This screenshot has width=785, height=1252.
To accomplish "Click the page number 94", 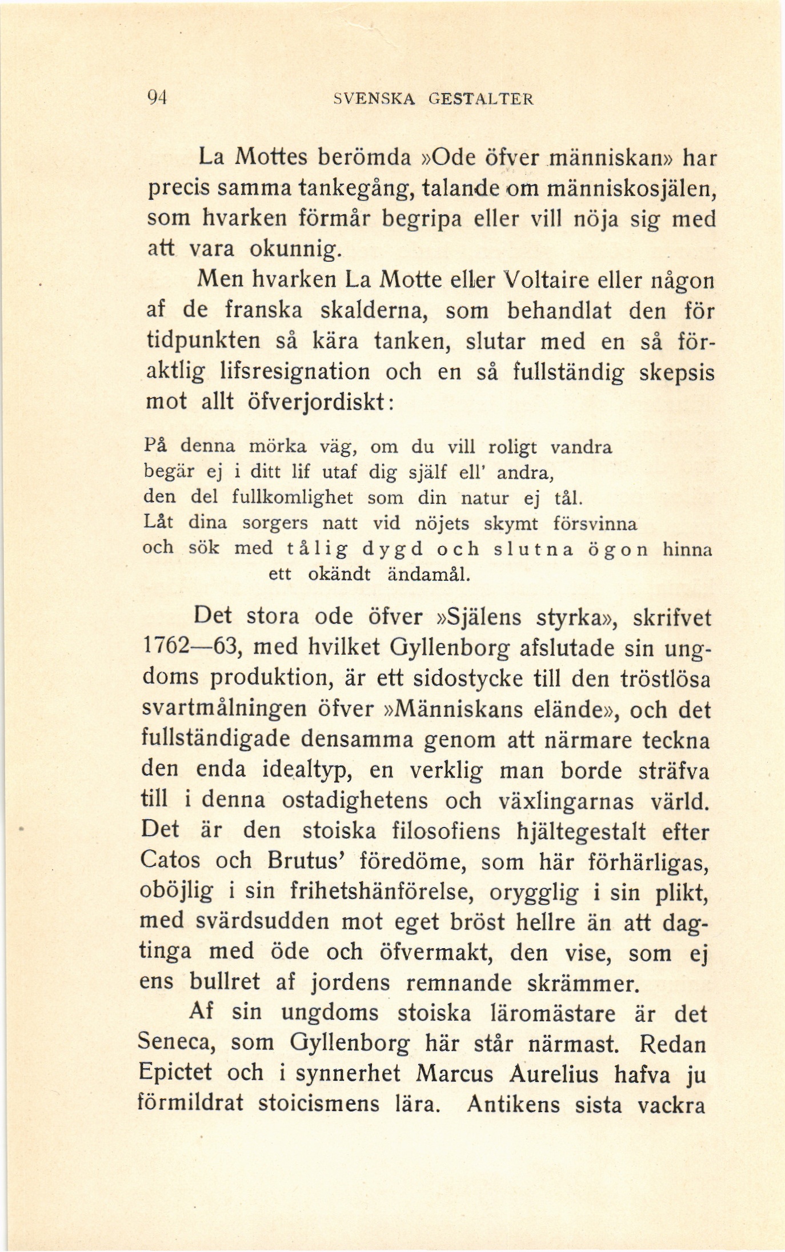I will coord(155,98).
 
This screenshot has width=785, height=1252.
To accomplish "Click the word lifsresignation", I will coord(295,372).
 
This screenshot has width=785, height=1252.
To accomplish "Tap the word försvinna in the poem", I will coord(595,523).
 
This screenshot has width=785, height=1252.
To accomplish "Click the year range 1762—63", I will coord(193,649).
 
